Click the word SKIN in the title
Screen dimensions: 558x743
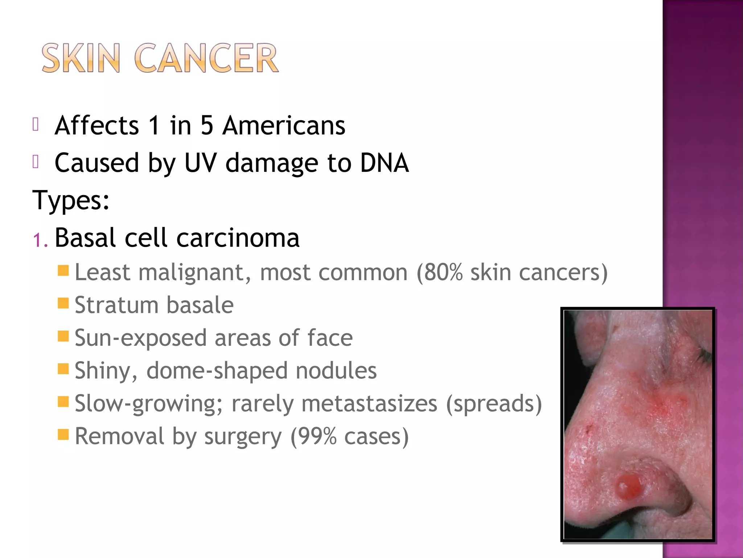(x=81, y=58)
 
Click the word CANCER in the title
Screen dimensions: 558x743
(x=206, y=58)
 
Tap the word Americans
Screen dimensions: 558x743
(x=284, y=126)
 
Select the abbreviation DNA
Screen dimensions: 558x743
(x=384, y=163)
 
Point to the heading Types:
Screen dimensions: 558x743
(x=71, y=201)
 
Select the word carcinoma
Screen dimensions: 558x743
(x=238, y=238)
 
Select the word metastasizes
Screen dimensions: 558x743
(x=369, y=403)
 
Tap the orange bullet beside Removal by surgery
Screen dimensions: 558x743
(x=63, y=434)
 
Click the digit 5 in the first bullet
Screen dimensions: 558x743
(x=207, y=126)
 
